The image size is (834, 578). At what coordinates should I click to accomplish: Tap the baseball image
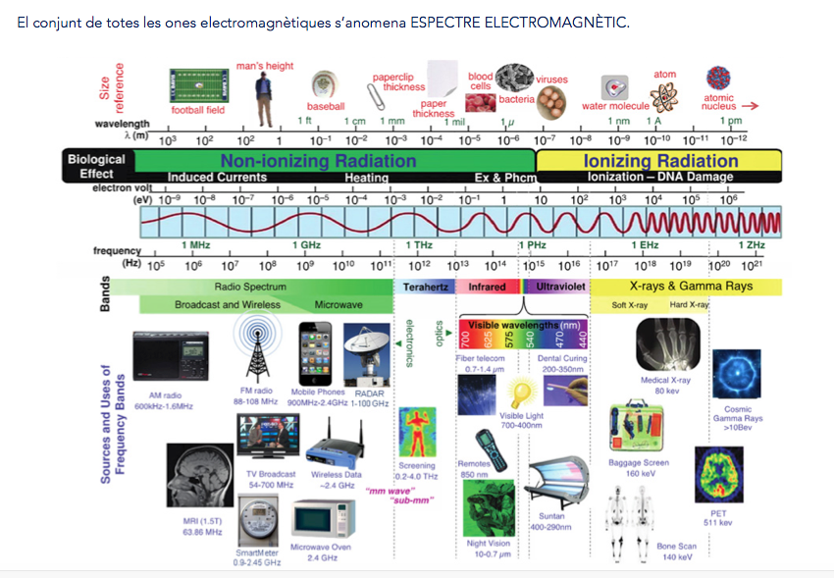324,86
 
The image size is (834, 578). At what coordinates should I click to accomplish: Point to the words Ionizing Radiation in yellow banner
660,161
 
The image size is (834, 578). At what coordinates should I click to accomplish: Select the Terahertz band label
423,287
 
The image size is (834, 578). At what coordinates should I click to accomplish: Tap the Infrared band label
487,287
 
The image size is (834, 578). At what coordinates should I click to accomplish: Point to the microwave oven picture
323,518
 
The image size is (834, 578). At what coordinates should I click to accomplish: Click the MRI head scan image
196,473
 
